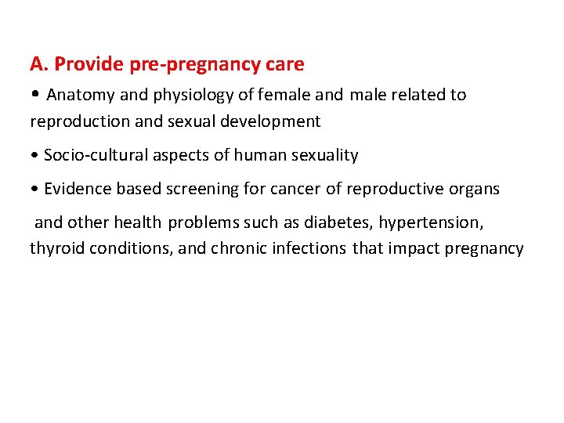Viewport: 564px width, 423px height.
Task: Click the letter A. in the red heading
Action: [38, 63]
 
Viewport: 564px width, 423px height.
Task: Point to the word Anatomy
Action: [80, 96]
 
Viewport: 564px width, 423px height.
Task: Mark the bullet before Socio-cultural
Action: [34, 156]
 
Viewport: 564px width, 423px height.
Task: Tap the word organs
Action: [474, 190]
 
